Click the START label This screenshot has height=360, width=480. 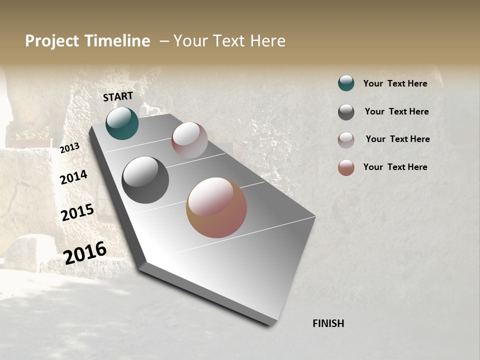(x=118, y=96)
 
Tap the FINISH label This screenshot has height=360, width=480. (x=328, y=323)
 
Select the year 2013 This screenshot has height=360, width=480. (x=69, y=147)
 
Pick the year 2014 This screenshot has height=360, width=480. (x=73, y=177)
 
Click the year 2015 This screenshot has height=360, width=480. (x=77, y=212)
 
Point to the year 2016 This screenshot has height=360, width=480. (x=85, y=252)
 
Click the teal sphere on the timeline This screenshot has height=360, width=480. (x=122, y=123)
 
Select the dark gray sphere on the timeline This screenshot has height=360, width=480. (x=145, y=180)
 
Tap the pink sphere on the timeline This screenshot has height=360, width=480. (x=189, y=140)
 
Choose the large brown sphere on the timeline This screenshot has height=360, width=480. (x=216, y=207)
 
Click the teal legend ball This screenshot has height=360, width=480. (x=346, y=83)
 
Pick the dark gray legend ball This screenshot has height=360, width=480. (x=346, y=112)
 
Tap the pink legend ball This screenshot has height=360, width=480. (x=346, y=140)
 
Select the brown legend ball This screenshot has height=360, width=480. (x=346, y=167)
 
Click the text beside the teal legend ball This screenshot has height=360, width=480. (x=395, y=83)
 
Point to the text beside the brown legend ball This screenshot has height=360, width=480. (x=395, y=167)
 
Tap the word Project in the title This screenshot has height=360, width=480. (x=52, y=41)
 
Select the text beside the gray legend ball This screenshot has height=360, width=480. (x=396, y=111)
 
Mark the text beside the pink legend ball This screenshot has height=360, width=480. (x=397, y=139)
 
